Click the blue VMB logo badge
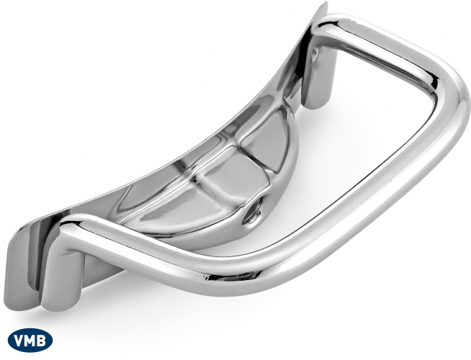(30, 341)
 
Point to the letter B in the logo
(42, 341)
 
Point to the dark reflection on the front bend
(238, 275)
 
